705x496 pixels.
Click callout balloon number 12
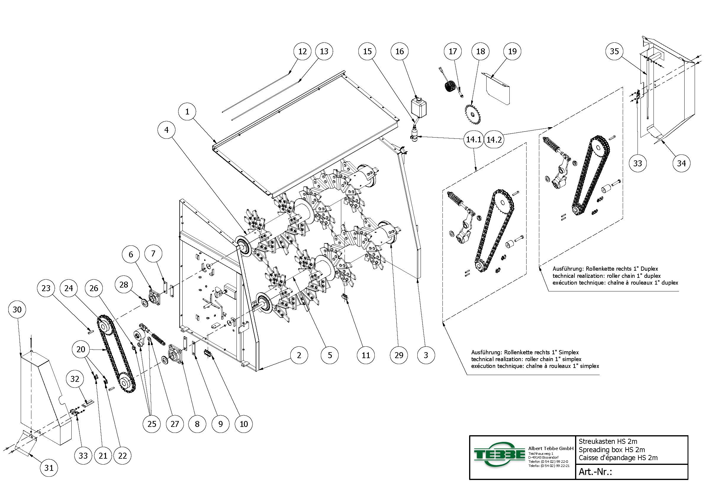point(302,51)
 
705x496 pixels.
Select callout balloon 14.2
point(494,139)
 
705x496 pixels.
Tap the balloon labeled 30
point(17,309)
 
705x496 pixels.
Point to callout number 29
point(399,355)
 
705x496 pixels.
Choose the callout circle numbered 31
point(49,468)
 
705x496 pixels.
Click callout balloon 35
point(614,51)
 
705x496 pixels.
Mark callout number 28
point(123,284)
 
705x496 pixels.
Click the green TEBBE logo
point(499,454)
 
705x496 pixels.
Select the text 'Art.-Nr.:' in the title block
point(595,472)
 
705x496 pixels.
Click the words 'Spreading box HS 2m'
point(612,449)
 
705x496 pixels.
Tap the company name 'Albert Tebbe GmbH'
point(551,448)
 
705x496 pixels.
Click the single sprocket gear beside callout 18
point(473,114)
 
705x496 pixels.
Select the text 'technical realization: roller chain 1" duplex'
point(606,276)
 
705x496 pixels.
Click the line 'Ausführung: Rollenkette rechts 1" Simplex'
point(525,353)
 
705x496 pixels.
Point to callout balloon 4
point(166,130)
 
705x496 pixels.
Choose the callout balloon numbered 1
point(187,112)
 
